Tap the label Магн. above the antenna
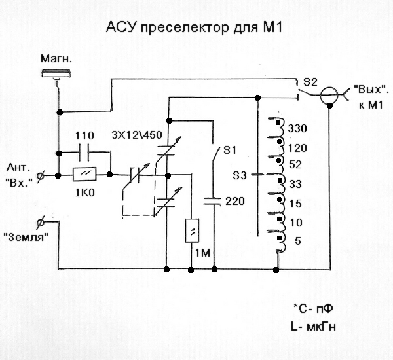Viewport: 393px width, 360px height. click(x=55, y=59)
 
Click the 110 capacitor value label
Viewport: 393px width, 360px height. click(x=85, y=135)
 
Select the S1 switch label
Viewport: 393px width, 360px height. click(x=229, y=151)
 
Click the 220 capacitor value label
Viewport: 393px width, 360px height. click(x=234, y=202)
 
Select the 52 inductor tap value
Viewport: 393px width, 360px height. click(x=294, y=164)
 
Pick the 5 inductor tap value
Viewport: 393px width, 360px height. click(x=298, y=241)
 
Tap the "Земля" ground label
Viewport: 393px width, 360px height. click(x=28, y=237)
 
